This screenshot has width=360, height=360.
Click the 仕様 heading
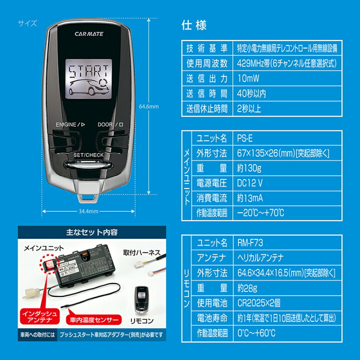(x=195, y=25)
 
